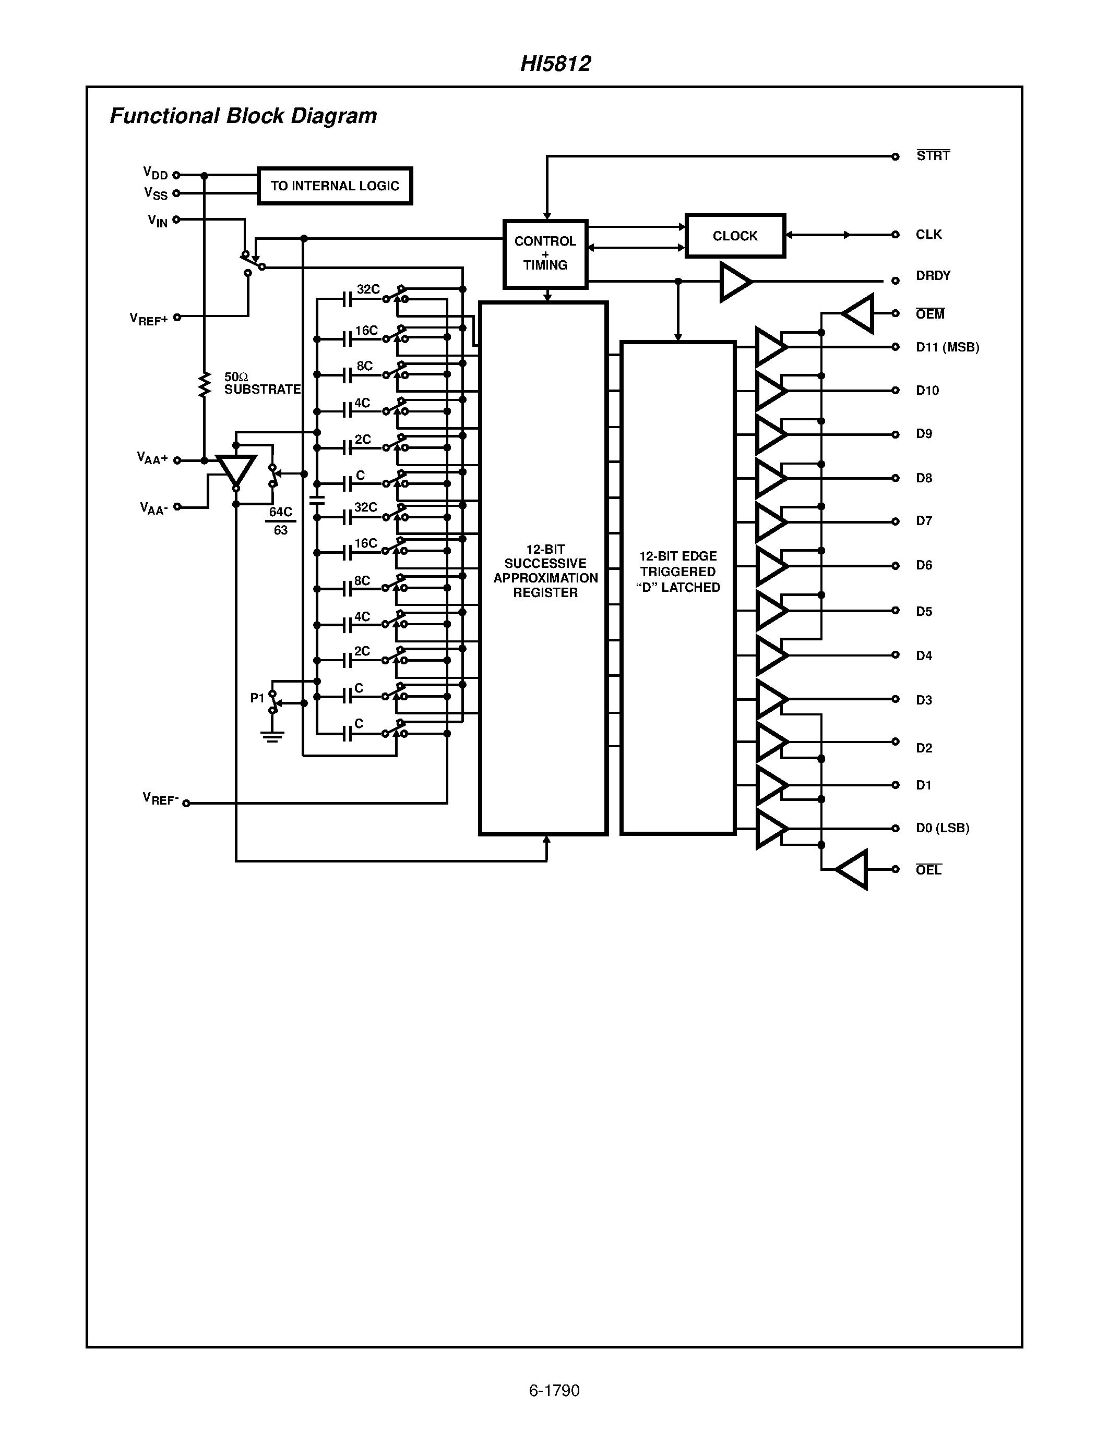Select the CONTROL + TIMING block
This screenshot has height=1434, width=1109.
[x=545, y=253]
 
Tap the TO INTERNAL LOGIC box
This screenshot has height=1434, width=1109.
[x=335, y=186]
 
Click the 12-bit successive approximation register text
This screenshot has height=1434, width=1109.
[x=545, y=570]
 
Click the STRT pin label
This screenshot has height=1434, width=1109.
[x=933, y=155]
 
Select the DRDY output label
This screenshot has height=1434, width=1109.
[x=933, y=276]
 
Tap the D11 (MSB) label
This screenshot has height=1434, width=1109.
[x=947, y=347]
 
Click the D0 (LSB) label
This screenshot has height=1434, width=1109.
[x=942, y=828]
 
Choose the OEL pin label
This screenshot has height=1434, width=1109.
[x=928, y=870]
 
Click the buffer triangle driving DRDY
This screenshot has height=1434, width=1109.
[x=734, y=282]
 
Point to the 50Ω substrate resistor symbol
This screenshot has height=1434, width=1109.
[x=205, y=385]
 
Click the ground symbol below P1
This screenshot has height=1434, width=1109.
[x=272, y=736]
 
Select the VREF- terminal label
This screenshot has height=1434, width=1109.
[x=160, y=798]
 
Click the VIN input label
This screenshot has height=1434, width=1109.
[x=158, y=221]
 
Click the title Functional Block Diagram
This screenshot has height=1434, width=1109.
[x=243, y=116]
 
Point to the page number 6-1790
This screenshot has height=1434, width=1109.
[x=554, y=1390]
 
